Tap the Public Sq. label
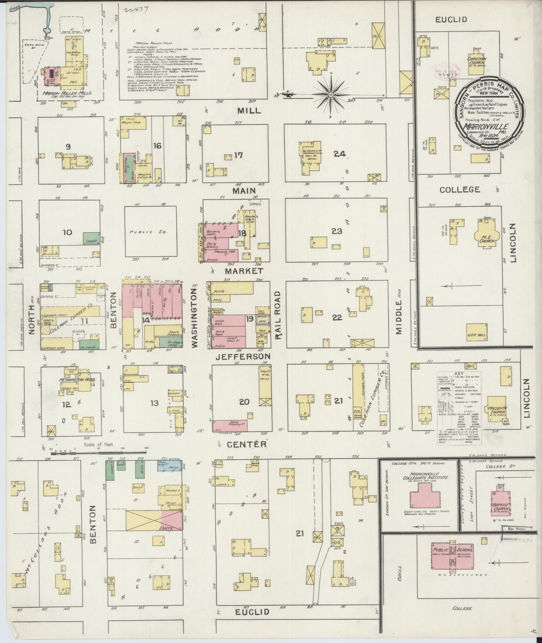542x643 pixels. point(149,232)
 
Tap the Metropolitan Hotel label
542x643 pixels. point(78,380)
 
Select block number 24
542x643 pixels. point(341,154)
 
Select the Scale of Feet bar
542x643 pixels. point(99,453)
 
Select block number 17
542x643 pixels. point(239,155)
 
